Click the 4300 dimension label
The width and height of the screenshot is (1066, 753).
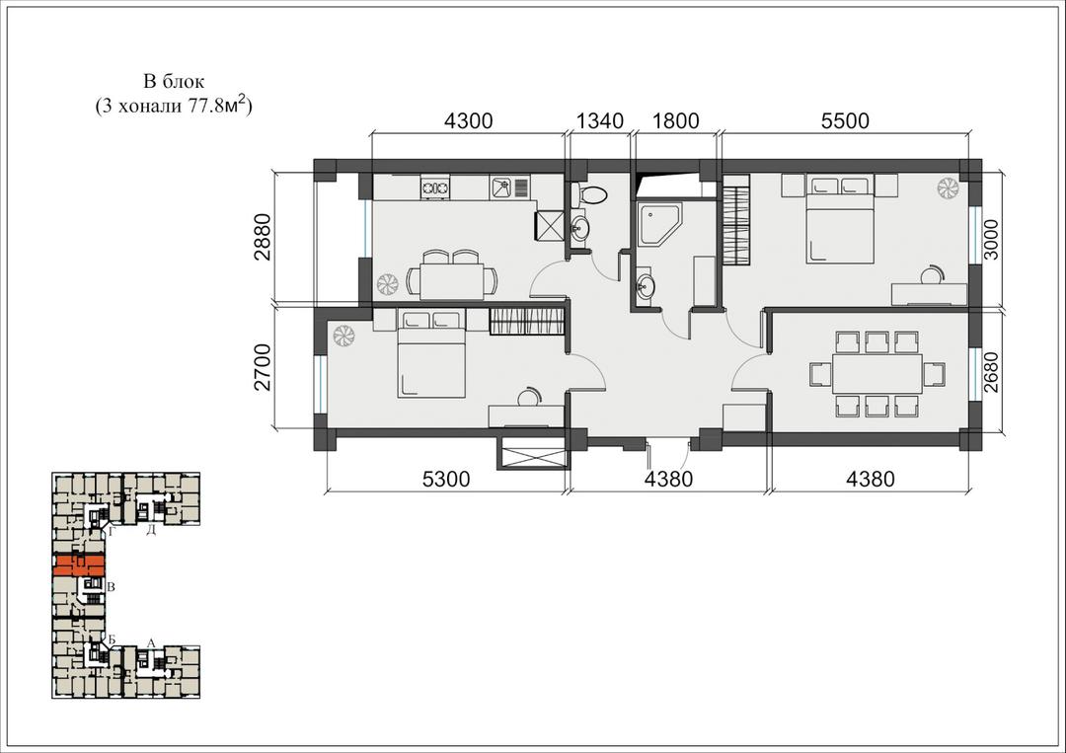click(x=468, y=121)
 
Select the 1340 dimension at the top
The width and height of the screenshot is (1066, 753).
click(x=600, y=121)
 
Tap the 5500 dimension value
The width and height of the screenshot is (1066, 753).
click(x=845, y=121)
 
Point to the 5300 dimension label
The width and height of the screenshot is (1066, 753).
click(x=446, y=479)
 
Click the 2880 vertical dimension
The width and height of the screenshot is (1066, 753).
click(x=262, y=237)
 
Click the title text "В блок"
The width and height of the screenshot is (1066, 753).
click(x=174, y=82)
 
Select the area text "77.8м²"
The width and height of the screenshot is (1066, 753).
click(x=216, y=106)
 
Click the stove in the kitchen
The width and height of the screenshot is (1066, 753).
click(x=435, y=187)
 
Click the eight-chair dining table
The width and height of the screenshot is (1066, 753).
click(x=877, y=373)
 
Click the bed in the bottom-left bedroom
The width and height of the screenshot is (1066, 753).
click(x=431, y=353)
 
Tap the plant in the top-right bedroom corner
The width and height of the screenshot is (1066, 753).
click(x=947, y=188)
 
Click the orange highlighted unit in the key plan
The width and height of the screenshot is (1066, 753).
click(x=80, y=565)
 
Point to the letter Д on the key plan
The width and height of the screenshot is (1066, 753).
click(x=152, y=530)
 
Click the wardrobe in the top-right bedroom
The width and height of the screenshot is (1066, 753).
click(x=735, y=219)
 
